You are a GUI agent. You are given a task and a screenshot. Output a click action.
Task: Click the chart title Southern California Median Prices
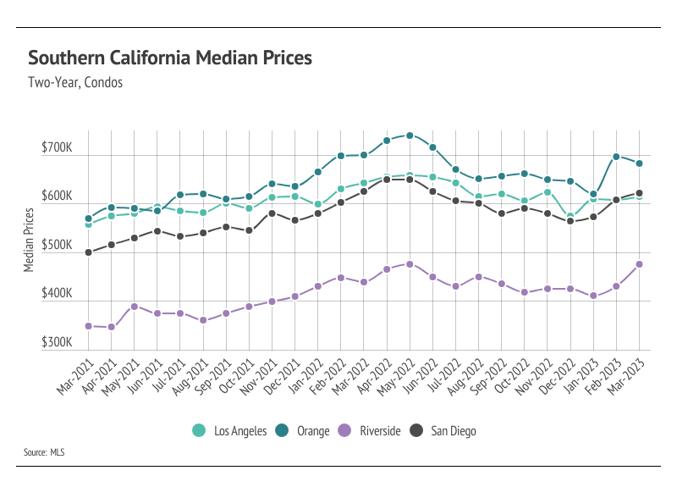[x=170, y=58]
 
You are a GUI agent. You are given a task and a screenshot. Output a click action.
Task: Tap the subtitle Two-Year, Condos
[x=75, y=83]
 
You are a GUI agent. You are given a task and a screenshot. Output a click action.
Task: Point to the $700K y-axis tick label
[x=57, y=148]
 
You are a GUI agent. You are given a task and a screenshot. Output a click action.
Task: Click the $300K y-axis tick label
[x=57, y=343]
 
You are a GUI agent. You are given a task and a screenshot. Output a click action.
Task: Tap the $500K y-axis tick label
[x=57, y=246]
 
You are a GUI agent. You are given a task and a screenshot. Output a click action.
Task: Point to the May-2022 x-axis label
[x=398, y=374]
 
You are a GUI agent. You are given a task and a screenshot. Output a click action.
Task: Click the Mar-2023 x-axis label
[x=627, y=374]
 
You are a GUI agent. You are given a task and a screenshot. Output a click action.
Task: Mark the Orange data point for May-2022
[x=410, y=136]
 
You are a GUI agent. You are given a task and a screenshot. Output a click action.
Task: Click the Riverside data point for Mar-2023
[x=639, y=264]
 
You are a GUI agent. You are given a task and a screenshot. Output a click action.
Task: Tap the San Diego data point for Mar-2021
[x=89, y=252]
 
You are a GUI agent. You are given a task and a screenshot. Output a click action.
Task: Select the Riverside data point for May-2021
[x=135, y=307]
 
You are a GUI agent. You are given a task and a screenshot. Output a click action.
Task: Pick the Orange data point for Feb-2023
[x=616, y=157]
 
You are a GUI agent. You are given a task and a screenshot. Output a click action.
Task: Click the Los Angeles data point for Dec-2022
[x=570, y=217]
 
